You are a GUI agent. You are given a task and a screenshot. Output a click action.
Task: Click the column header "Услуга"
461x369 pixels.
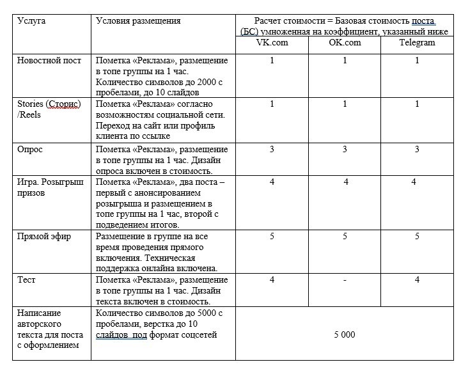point(31,20)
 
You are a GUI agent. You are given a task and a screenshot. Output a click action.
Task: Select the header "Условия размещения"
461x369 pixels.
point(138,20)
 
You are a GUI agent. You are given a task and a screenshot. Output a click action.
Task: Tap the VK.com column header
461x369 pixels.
point(272,43)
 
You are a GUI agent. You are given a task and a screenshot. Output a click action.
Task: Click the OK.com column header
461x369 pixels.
point(345,43)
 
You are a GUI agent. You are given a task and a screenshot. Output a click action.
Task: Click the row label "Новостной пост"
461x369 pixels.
point(49,61)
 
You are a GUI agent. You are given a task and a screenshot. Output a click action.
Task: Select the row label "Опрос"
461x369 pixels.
point(31,148)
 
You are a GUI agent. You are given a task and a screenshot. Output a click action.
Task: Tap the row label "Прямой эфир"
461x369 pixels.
point(44,236)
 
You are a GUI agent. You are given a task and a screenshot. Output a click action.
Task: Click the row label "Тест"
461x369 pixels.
point(27,279)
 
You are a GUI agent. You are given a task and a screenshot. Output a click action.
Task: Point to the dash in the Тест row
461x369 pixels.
point(345,279)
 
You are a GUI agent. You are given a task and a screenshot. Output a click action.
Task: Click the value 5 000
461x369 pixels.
point(345,334)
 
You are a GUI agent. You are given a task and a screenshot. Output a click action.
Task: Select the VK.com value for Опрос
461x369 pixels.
point(272,149)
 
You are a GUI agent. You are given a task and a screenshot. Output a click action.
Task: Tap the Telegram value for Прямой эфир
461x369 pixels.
point(417,237)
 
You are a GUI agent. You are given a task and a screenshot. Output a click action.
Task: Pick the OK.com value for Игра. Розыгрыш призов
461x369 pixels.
point(345,182)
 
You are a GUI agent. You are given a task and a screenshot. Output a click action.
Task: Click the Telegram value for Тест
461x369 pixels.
point(417,279)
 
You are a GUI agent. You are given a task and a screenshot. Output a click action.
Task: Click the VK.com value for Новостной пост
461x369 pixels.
point(272,61)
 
